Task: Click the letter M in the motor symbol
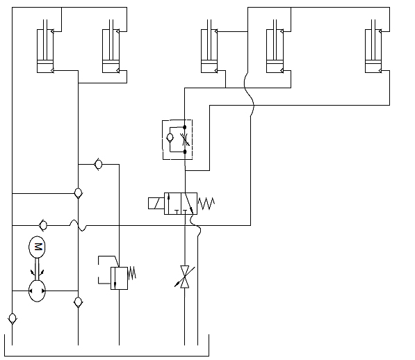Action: coord(38,247)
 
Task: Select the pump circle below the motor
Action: coord(37,291)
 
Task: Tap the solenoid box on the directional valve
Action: coord(156,203)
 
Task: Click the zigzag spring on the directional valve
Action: coord(206,204)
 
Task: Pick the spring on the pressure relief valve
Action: coord(132,273)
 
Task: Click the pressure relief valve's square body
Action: coord(119,278)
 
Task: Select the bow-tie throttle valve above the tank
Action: coord(185,277)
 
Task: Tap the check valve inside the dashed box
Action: coord(170,138)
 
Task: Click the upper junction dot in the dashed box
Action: coord(185,127)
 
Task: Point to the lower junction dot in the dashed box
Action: coord(185,152)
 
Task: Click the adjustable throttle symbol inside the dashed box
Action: coord(185,140)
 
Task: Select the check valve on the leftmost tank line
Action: coord(13,318)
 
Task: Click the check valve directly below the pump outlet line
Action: coord(78,302)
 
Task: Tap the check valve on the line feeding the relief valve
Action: coord(98,164)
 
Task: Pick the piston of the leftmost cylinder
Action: coord(45,62)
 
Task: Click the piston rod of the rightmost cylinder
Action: coord(373,40)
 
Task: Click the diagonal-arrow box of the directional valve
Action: coord(189,204)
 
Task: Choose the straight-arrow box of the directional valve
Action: coord(172,204)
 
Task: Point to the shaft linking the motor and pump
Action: coord(37,269)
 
